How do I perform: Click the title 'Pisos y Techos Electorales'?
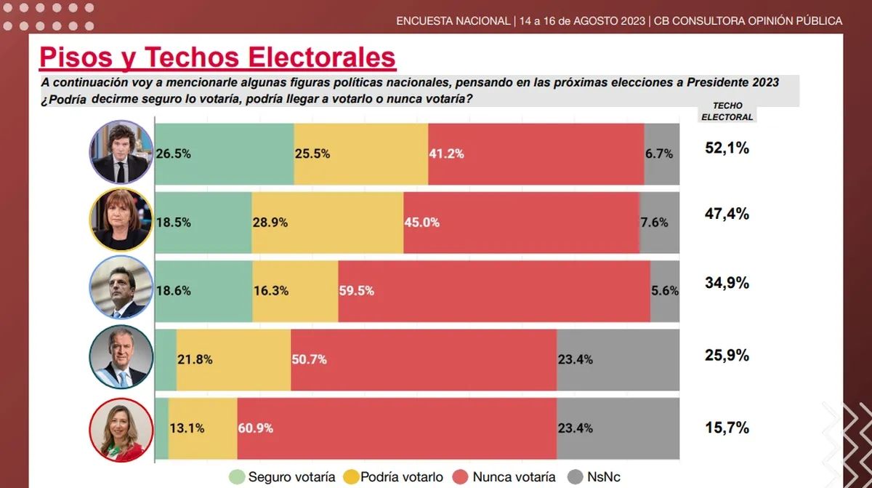[x=217, y=57]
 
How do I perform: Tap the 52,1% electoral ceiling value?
[x=727, y=148]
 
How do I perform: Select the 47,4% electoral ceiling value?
[x=727, y=214]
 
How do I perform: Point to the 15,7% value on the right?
[x=727, y=428]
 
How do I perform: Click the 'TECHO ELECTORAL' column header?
[x=727, y=111]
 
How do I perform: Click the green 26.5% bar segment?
[x=225, y=153]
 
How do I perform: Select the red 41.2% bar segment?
[x=536, y=153]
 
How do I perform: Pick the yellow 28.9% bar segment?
[x=327, y=223]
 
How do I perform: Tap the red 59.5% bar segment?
[x=494, y=290]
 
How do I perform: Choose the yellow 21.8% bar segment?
[x=233, y=359]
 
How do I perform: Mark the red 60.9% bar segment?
[x=397, y=428]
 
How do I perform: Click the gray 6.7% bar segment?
[x=661, y=153]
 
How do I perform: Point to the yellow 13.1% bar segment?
[x=203, y=428]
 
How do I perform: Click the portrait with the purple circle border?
[x=121, y=152]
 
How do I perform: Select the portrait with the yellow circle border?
[x=121, y=220]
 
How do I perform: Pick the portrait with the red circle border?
[x=121, y=430]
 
